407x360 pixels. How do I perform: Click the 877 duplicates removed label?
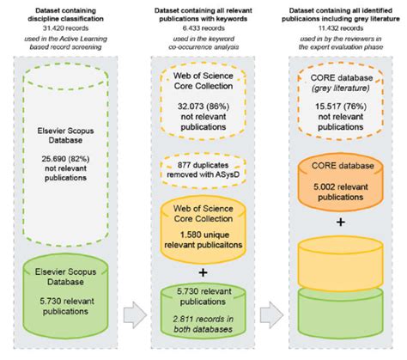[x=203, y=174]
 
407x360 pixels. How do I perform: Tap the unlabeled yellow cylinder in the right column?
[x=338, y=264]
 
